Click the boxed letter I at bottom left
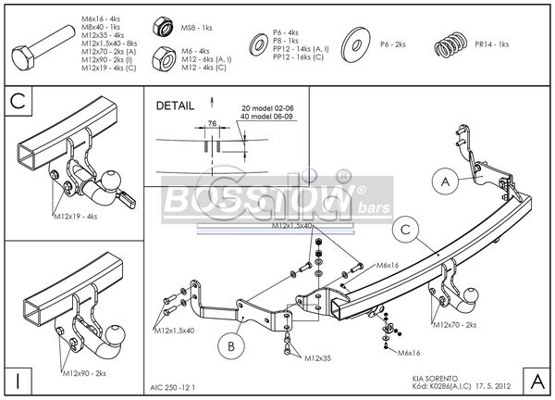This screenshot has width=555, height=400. [18, 380]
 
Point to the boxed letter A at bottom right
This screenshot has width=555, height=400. [536, 380]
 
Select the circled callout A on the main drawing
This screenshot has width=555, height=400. [443, 181]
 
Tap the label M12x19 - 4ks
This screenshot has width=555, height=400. [73, 218]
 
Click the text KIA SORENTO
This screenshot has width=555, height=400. [434, 377]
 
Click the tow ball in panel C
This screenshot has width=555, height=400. [112, 179]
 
